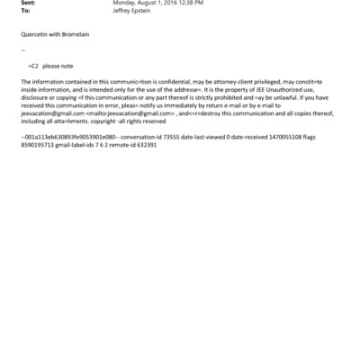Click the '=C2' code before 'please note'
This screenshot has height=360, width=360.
(x=33, y=67)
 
